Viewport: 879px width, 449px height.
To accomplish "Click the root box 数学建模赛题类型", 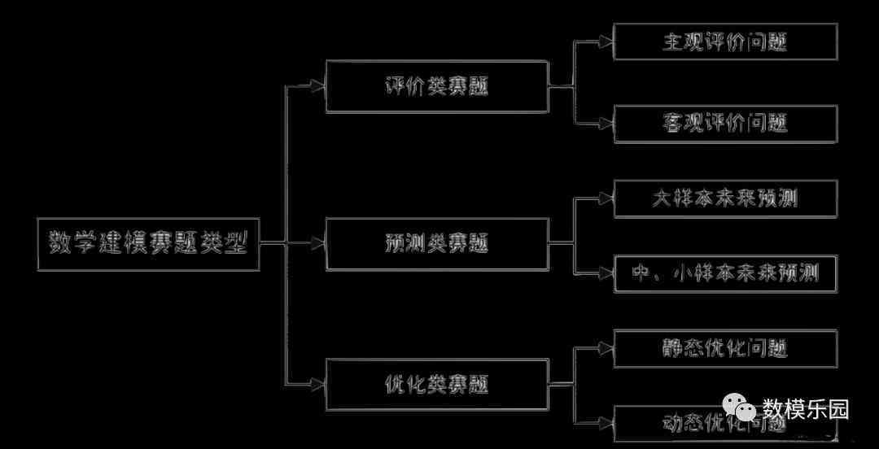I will tap(149, 243).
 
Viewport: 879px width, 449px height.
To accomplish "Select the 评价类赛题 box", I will tap(437, 86).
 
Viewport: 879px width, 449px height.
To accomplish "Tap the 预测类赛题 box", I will tap(437, 243).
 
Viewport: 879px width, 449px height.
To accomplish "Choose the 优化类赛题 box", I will tap(437, 383).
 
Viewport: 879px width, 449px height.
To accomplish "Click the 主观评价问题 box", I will tap(725, 41).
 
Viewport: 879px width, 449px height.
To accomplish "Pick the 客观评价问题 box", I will tap(725, 124).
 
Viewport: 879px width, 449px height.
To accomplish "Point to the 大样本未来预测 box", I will tap(725, 198).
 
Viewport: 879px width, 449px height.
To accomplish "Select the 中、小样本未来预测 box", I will tap(725, 273).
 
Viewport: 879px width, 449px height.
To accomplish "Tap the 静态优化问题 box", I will tap(725, 348).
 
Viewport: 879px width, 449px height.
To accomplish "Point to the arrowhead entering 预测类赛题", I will tap(317, 243).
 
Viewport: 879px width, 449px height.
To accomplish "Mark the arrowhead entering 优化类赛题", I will tap(317, 383).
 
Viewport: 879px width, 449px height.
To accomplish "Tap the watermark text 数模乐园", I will tap(805, 409).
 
